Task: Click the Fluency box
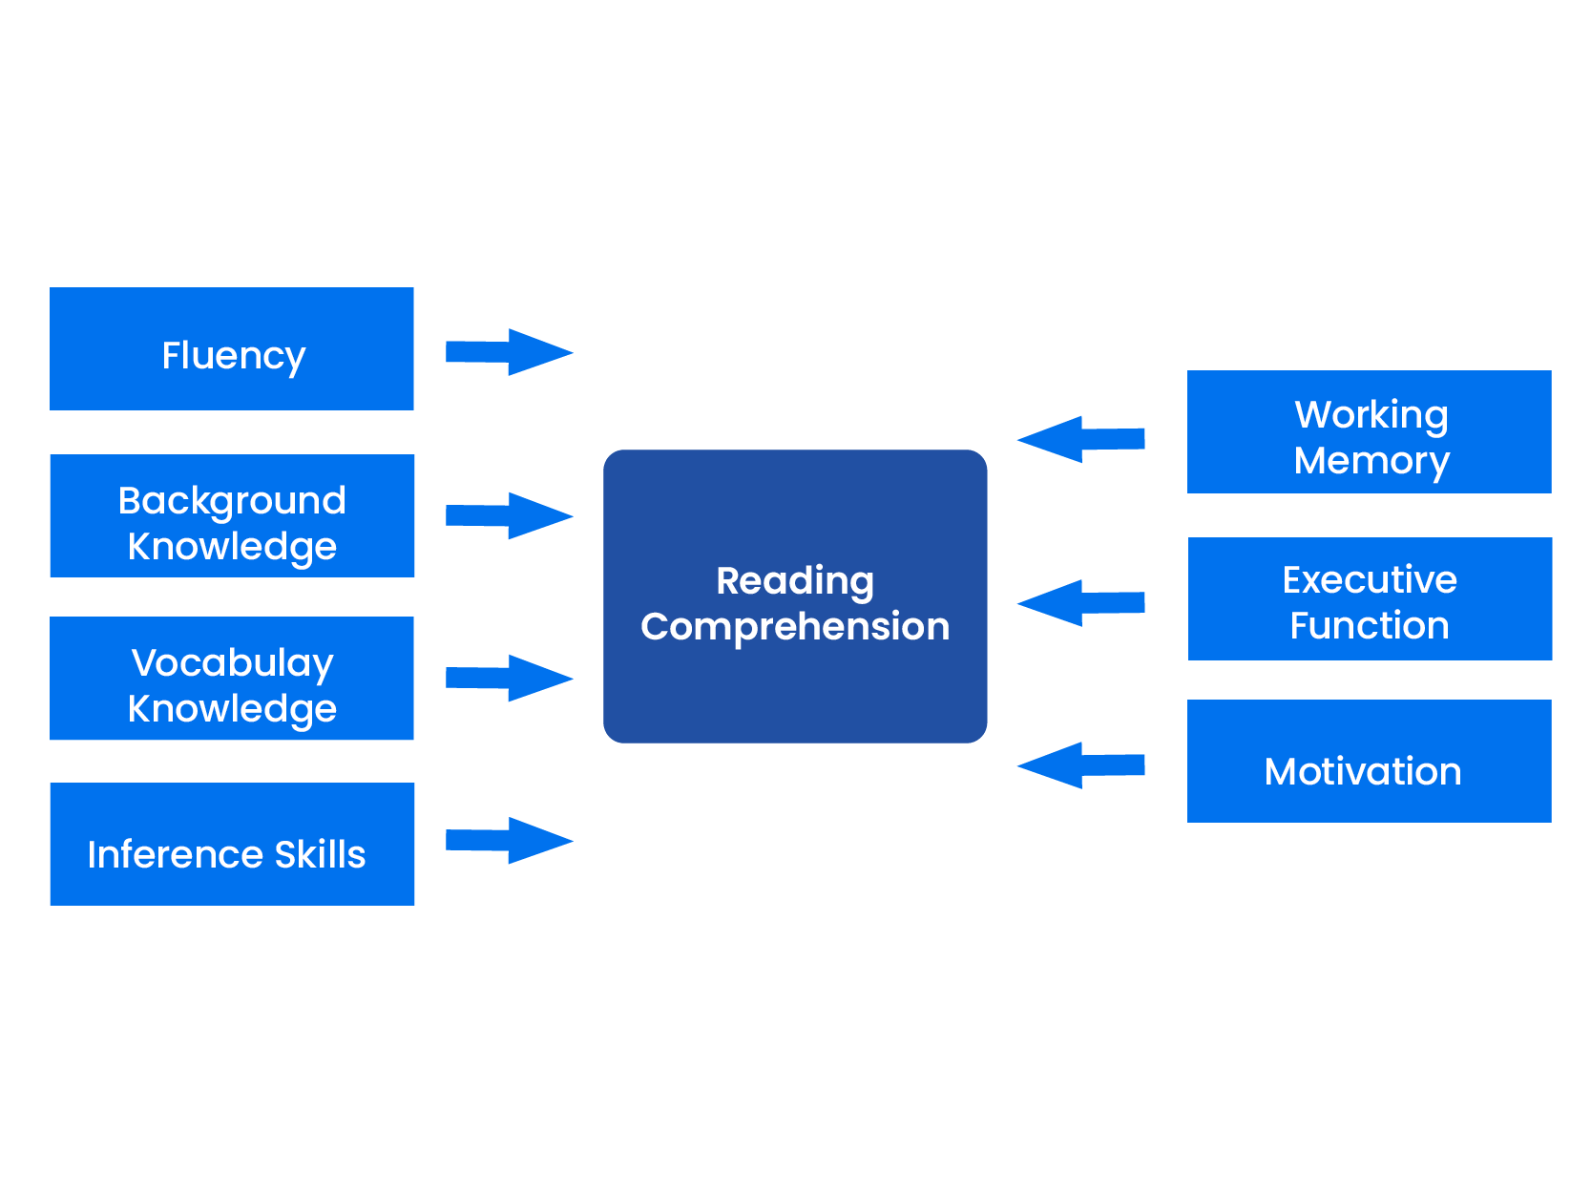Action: [232, 349]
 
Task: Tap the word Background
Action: [232, 501]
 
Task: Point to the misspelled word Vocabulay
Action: [232, 663]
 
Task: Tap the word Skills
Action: [320, 854]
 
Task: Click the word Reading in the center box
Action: [795, 581]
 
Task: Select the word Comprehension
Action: [795, 627]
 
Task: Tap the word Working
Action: [1371, 415]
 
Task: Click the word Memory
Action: [1371, 461]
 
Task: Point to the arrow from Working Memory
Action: [1082, 439]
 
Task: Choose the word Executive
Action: [1369, 580]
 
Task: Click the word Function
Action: [1369, 626]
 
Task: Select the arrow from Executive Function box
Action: [1082, 602]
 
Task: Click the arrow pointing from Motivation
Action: [1082, 764]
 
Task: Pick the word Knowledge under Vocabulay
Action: [232, 709]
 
